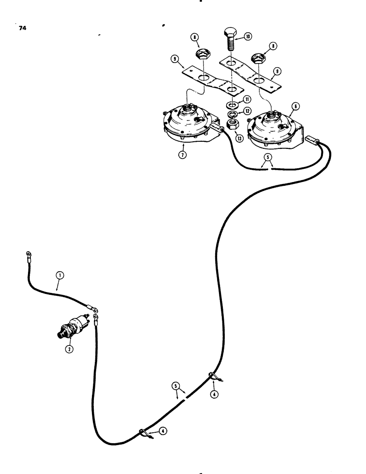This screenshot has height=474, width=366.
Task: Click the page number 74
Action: pyautogui.click(x=22, y=28)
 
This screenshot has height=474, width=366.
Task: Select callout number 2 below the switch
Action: pyautogui.click(x=69, y=348)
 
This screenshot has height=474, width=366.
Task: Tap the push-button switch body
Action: pyautogui.click(x=73, y=328)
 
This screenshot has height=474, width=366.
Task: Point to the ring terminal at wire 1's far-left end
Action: pyautogui.click(x=22, y=257)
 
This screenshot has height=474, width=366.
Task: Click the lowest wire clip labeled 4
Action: pyautogui.click(x=144, y=432)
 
